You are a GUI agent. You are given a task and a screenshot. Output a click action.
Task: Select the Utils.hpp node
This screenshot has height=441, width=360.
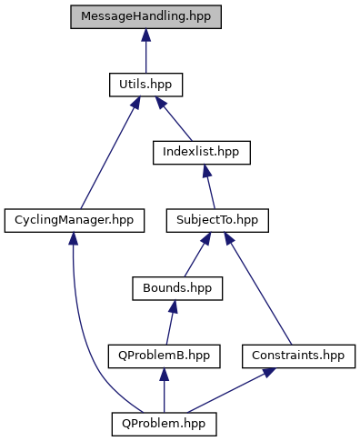click(145, 85)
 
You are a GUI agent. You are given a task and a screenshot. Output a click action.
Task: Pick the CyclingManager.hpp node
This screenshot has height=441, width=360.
click(74, 220)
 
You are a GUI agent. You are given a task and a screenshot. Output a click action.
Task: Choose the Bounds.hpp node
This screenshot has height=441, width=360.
click(176, 287)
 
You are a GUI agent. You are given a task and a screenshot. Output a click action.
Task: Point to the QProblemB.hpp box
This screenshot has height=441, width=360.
click(164, 355)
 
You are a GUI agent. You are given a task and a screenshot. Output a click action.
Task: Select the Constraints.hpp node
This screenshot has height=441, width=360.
click(298, 355)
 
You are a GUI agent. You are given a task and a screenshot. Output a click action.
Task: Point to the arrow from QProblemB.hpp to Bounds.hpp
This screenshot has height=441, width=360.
click(170, 323)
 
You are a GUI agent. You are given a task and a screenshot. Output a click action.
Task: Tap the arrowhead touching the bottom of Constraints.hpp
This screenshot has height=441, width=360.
click(270, 371)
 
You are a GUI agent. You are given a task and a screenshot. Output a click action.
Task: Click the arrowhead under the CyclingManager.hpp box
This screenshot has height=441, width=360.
click(72, 239)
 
